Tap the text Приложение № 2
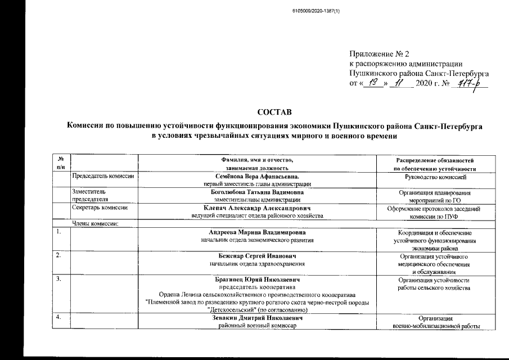(375, 54)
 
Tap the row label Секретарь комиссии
(97, 208)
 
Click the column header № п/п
(61, 164)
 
